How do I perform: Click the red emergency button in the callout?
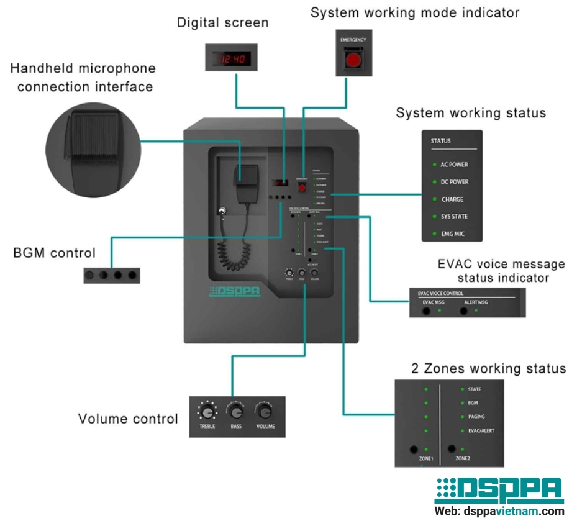353,60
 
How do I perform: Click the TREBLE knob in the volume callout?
207,412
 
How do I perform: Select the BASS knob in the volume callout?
236,412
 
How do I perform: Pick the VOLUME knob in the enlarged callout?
265,412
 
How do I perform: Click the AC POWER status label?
454,165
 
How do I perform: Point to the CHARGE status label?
452,199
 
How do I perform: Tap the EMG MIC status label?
452,234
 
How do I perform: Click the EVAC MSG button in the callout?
427,309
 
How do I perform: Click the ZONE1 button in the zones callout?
412,449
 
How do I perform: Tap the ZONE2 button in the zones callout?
451,448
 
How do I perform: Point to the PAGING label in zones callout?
476,417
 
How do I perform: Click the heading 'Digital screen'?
222,23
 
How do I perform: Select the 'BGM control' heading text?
54,253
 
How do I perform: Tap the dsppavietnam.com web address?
499,512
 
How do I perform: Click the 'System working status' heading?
470,113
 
